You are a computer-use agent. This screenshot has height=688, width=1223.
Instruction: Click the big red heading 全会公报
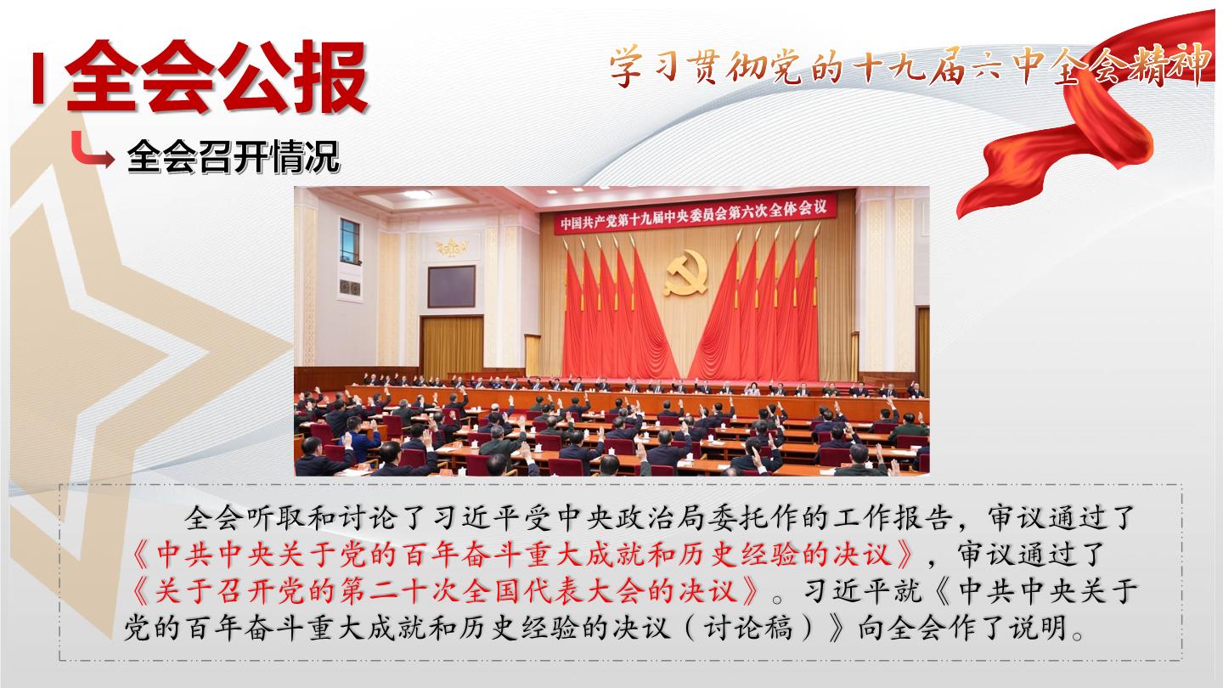[x=217, y=76]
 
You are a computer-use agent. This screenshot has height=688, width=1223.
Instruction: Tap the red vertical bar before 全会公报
[x=37, y=78]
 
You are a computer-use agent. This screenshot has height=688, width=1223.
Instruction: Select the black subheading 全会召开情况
[x=233, y=156]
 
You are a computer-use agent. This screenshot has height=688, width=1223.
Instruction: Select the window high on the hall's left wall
[x=349, y=241]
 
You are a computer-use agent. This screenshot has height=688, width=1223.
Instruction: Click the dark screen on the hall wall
[x=451, y=287]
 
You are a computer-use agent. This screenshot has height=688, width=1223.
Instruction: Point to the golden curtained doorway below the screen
[x=452, y=347]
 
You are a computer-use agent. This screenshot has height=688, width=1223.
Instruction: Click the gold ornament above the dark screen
[x=452, y=248]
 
